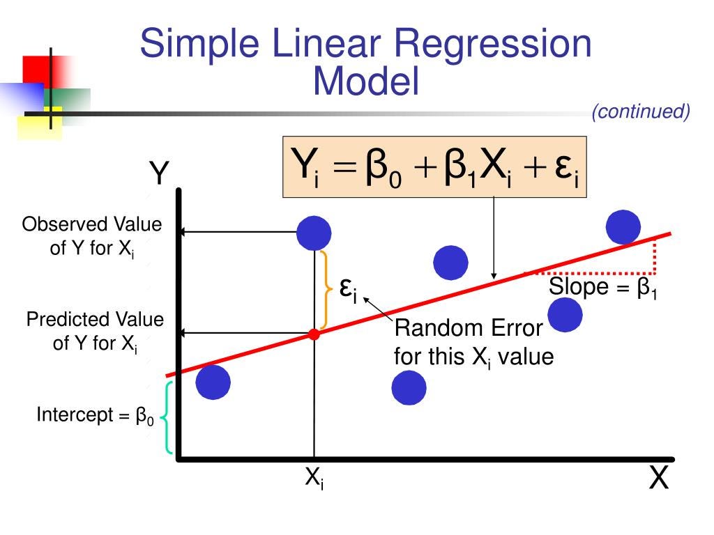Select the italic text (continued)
[x=641, y=111]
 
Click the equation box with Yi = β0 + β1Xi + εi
[x=434, y=167]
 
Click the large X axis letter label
[x=659, y=479]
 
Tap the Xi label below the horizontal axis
[x=314, y=479]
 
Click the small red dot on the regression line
[x=314, y=334]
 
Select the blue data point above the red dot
[x=314, y=233]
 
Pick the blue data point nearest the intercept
[x=213, y=382]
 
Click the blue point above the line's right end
[x=623, y=227]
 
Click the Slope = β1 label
[x=604, y=287]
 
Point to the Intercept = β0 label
[x=95, y=417]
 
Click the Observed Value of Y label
[x=92, y=236]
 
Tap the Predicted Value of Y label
[x=95, y=331]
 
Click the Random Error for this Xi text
[x=473, y=343]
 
